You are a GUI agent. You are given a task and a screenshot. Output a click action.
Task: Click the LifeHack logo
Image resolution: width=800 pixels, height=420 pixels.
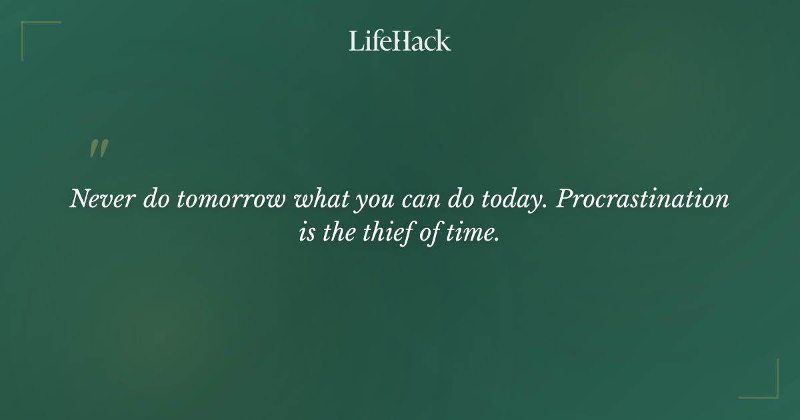(400, 41)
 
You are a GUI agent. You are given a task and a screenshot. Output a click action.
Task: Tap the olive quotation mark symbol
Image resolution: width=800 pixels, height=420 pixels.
(99, 149)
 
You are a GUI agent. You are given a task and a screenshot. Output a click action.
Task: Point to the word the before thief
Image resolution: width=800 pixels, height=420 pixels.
(343, 234)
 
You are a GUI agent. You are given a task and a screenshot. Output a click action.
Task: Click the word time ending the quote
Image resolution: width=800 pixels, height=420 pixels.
(473, 234)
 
